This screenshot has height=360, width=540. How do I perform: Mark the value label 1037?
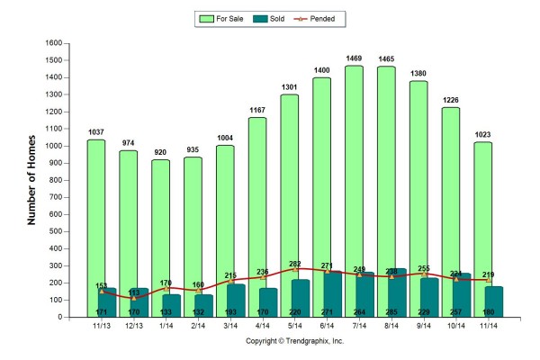pyautogui.click(x=96, y=132)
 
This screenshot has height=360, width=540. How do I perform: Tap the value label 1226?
pyautogui.click(x=450, y=100)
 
